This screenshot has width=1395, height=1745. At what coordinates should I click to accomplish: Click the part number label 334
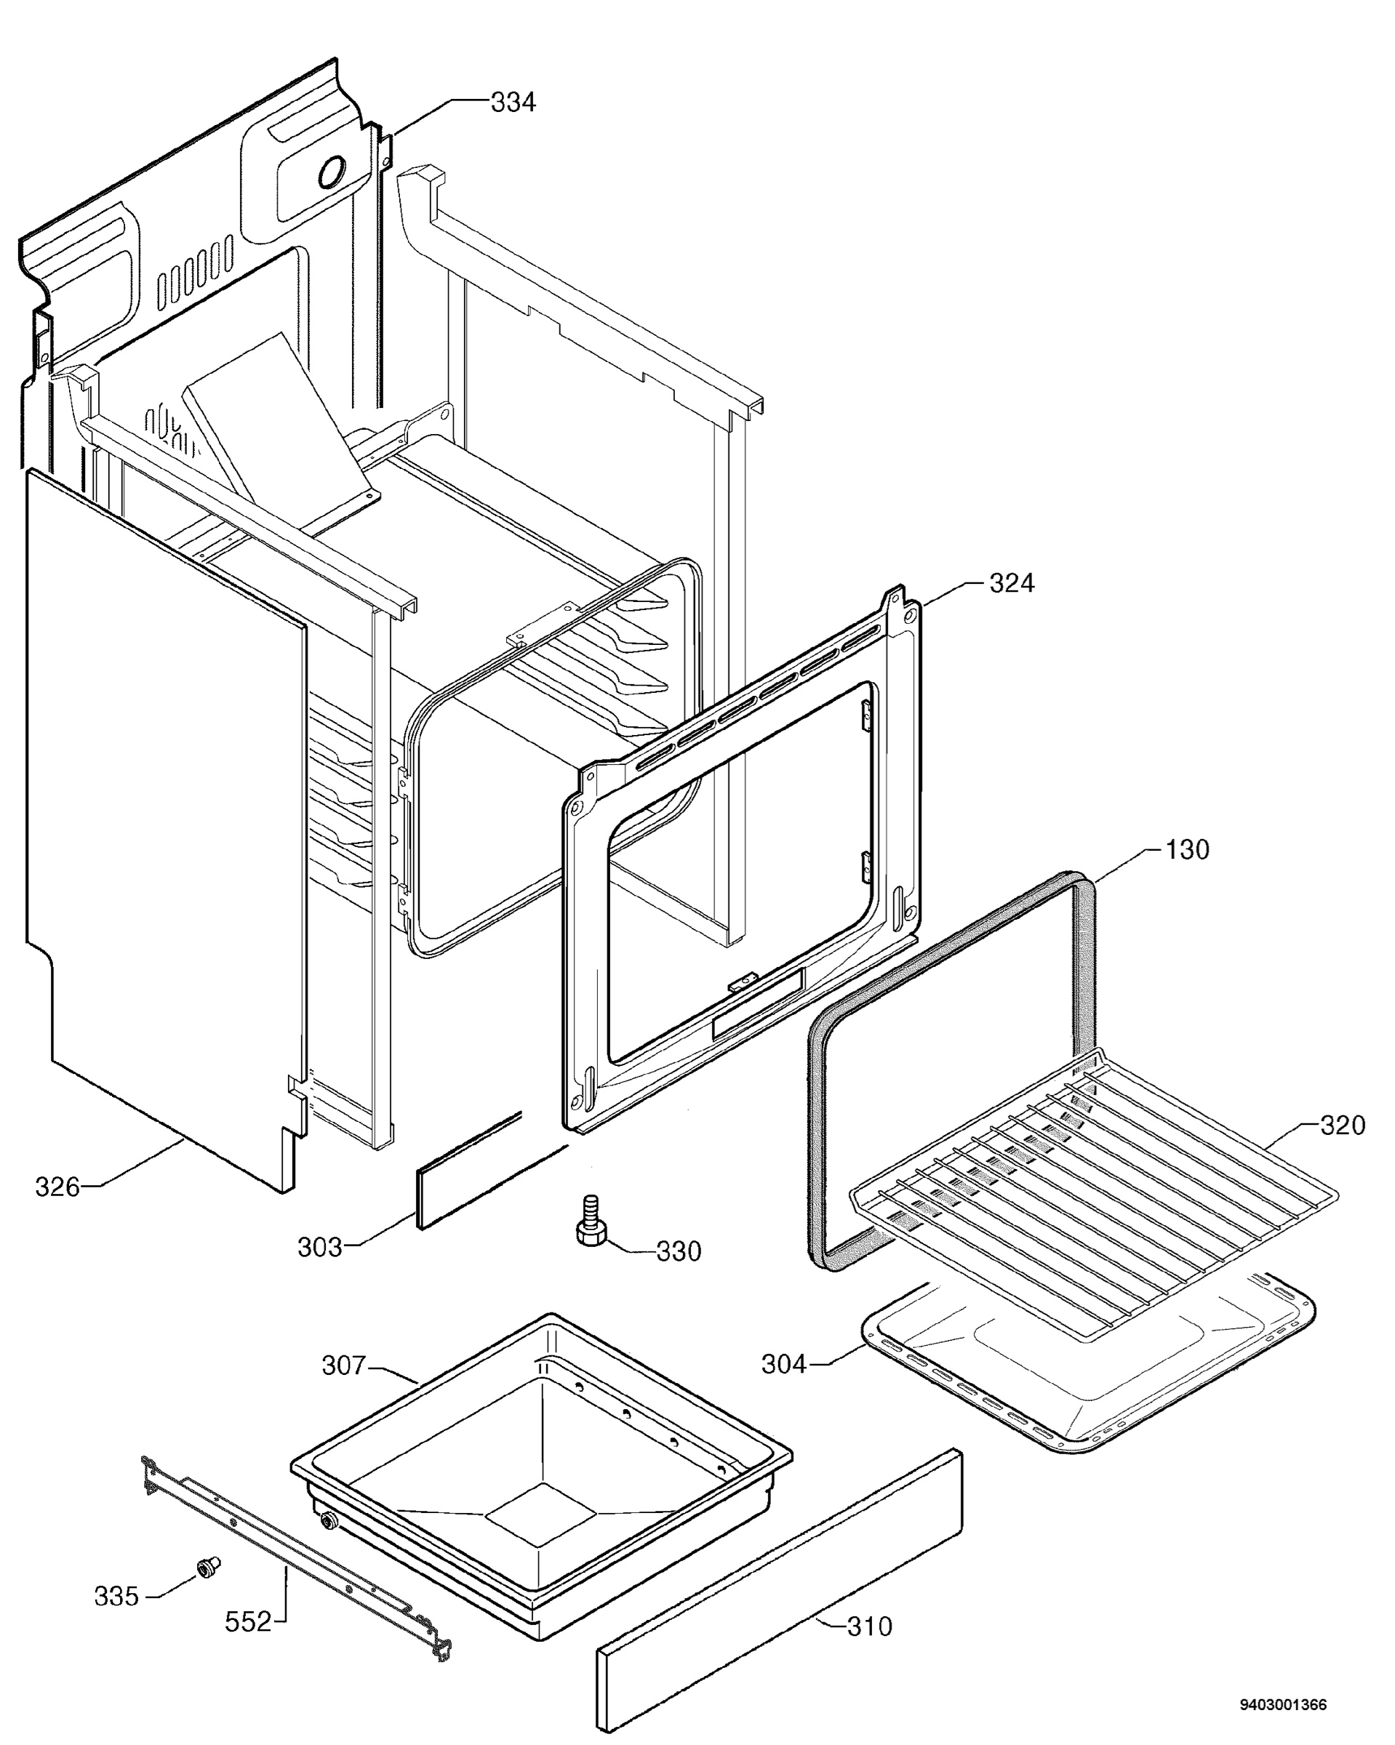(x=513, y=103)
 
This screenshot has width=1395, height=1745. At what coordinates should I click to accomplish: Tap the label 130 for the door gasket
(x=1187, y=850)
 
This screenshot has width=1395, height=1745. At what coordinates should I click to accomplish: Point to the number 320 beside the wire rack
(x=1343, y=1125)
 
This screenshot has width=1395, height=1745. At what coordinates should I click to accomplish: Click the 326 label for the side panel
(x=57, y=1187)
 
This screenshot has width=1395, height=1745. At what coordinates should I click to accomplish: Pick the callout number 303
(x=320, y=1247)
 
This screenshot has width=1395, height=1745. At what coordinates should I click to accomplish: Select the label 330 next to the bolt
(x=679, y=1251)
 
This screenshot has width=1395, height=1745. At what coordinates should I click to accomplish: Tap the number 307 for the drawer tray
(x=345, y=1365)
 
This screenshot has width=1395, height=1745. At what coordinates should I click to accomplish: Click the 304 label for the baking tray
(x=785, y=1365)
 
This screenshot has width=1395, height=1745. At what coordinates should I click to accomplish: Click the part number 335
(x=116, y=1596)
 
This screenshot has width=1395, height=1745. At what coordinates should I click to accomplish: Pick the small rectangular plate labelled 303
(x=470, y=1170)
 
